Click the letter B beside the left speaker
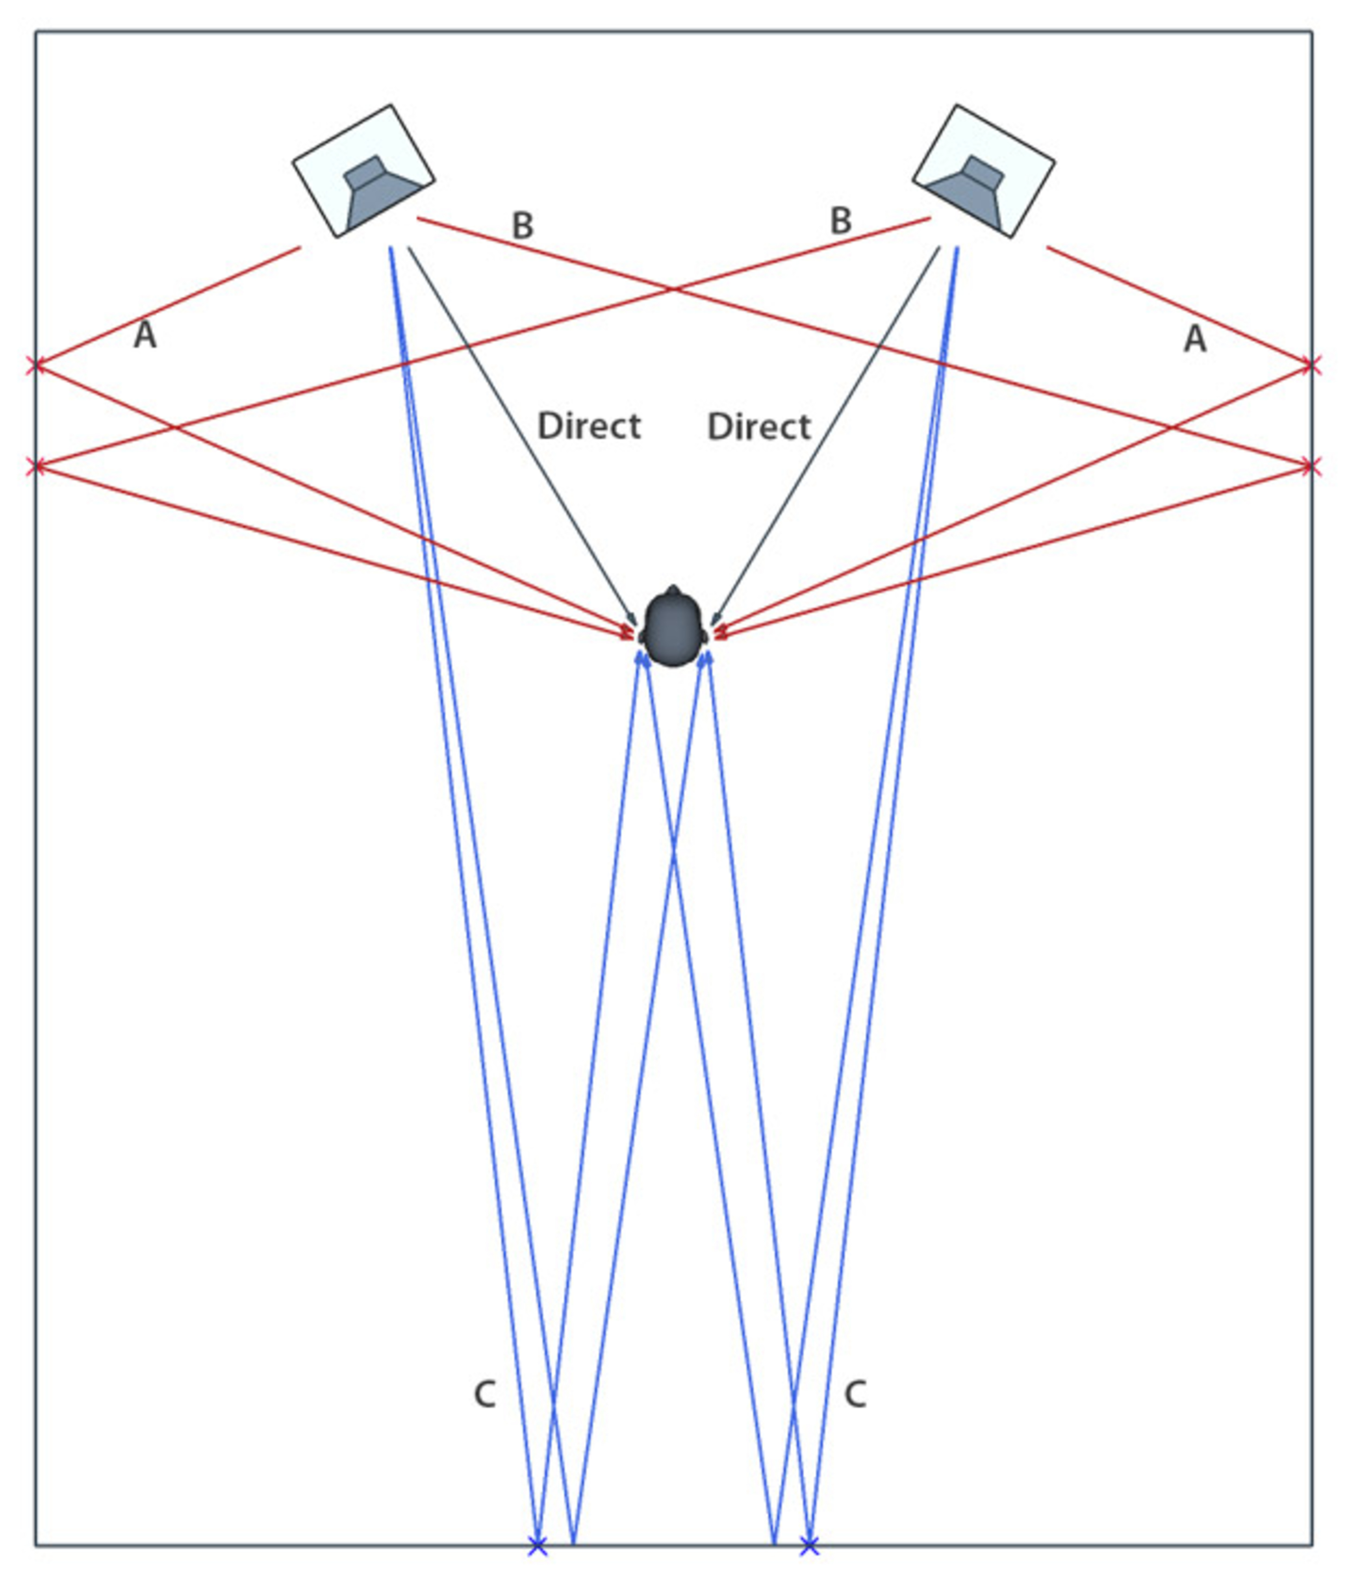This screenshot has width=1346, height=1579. coord(523,225)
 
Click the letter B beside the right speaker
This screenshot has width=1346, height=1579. coord(840,221)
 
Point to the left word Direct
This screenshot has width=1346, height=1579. coord(589,426)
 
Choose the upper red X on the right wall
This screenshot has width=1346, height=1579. coord(1310,366)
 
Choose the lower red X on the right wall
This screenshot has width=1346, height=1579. coord(1310,466)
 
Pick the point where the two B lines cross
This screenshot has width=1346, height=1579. coord(673,290)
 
